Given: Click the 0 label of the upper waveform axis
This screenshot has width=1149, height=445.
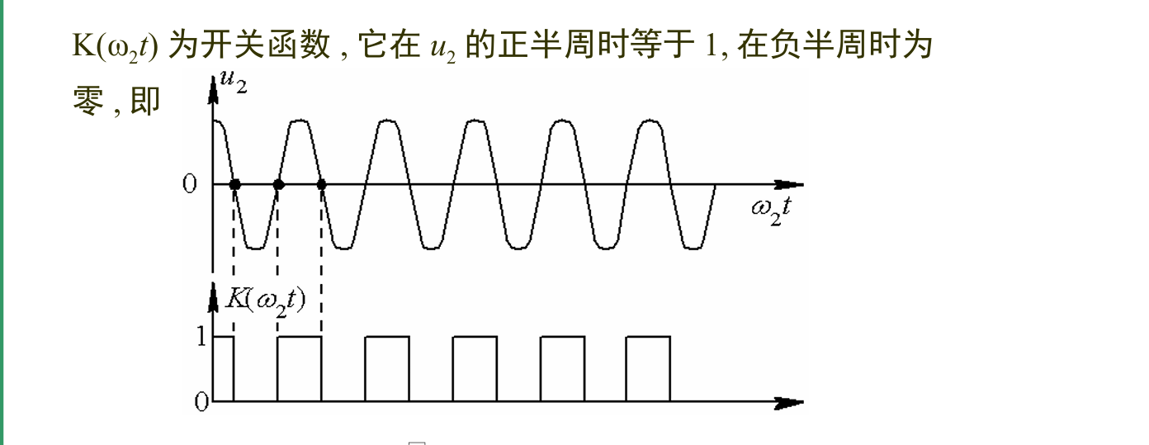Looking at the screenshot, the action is (x=190, y=183).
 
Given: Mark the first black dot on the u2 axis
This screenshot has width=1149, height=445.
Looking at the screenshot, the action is (x=234, y=184).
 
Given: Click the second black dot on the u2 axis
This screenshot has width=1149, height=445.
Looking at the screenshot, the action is (x=278, y=184).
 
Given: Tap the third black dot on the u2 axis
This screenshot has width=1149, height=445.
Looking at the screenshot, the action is (x=322, y=184).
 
